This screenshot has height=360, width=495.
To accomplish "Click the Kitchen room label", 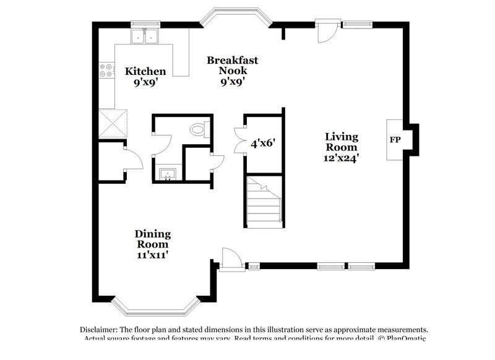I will click(145, 71).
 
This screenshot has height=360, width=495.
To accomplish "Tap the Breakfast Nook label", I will click(232, 60).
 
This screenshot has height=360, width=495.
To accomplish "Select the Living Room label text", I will click(342, 142).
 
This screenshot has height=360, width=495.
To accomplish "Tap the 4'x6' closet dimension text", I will click(263, 143).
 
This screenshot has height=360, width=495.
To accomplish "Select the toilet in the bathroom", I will click(198, 130).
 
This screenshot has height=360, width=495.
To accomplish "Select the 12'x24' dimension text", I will click(342, 158).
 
